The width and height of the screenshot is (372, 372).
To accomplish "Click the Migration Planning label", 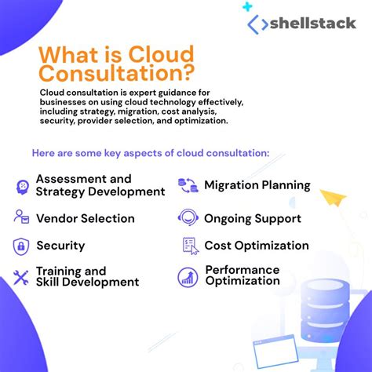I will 257,186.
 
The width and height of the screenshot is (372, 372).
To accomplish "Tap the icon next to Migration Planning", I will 188,186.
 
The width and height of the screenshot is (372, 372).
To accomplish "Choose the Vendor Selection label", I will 85,218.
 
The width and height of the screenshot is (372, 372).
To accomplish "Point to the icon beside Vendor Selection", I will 21,217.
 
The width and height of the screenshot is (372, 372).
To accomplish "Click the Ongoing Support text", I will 252,218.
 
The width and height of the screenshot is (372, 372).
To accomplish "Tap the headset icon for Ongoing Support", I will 188,217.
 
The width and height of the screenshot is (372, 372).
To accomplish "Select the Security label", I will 60,246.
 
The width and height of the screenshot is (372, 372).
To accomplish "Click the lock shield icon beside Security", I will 21,246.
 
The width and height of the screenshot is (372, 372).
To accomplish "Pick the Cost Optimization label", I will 257,246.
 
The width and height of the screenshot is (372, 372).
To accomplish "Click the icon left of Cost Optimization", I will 189,246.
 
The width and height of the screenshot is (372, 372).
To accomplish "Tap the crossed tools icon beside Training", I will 21,277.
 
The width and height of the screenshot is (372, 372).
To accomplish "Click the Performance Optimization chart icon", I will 188,276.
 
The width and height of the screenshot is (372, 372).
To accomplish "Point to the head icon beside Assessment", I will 21,186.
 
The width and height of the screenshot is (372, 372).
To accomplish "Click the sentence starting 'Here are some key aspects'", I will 150,152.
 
